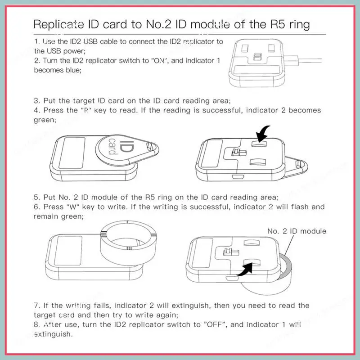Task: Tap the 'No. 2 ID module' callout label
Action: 297,231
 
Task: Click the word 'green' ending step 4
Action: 45,120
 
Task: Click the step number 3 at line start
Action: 36,100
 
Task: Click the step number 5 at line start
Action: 36,197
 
